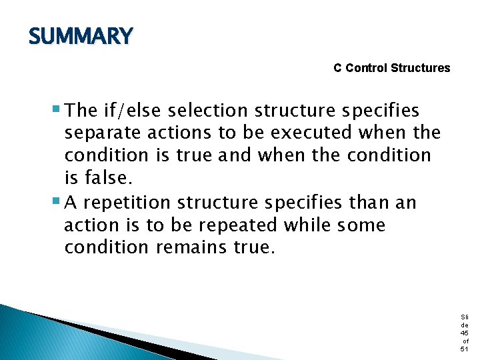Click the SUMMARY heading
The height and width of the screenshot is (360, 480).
click(81, 37)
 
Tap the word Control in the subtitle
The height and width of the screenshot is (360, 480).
click(367, 68)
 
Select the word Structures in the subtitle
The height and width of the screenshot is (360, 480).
click(421, 68)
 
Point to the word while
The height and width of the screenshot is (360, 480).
click(307, 225)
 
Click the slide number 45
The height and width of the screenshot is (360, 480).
click(465, 333)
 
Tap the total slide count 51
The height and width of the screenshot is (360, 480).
click(465, 349)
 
